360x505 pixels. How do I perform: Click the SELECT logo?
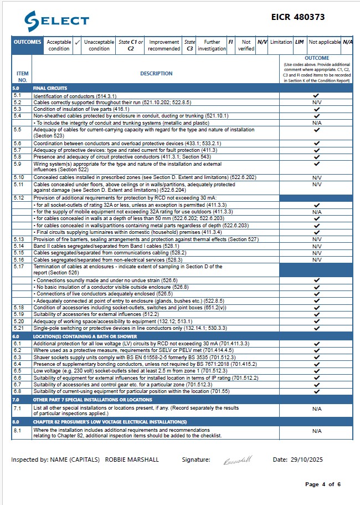point(56,21)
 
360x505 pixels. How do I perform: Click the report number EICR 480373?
point(310,18)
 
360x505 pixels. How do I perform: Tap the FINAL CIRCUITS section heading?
point(50,88)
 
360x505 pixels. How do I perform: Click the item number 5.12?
point(19,197)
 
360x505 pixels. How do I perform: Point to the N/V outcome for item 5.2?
point(317,103)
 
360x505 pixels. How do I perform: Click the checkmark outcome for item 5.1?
point(317,96)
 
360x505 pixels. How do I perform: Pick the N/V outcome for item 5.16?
point(317,259)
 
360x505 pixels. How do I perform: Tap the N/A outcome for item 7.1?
point(317,409)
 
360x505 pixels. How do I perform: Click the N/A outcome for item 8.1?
point(317,431)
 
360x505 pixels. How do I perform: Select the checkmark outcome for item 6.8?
point(317,391)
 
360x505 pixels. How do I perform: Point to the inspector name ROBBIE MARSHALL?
point(138,460)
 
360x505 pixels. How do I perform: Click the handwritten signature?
point(237,460)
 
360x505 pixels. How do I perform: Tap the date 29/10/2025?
point(307,460)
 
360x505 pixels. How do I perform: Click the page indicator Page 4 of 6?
point(322,484)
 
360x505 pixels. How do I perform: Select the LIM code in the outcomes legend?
point(299,42)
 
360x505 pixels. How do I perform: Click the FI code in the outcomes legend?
point(230,42)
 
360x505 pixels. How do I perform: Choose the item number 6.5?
point(18,371)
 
